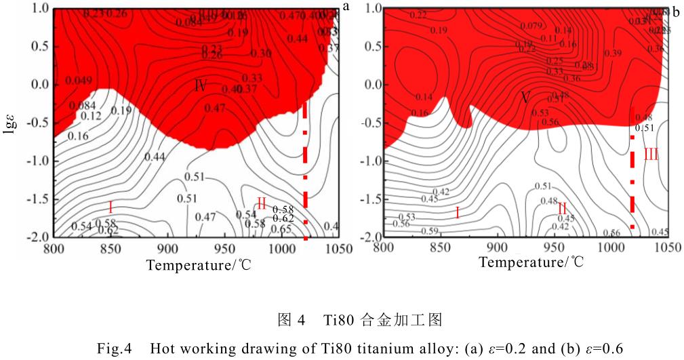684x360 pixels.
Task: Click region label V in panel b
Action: tap(525, 98)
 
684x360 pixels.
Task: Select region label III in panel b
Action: tap(651, 155)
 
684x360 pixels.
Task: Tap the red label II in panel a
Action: tap(262, 202)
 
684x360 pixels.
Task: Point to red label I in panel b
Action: tap(457, 213)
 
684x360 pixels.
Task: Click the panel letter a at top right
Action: tap(346, 7)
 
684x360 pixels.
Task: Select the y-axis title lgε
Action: tap(9, 123)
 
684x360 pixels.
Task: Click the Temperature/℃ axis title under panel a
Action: tap(199, 265)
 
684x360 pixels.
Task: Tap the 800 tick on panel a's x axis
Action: tap(54, 249)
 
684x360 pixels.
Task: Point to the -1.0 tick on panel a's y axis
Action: tap(33, 161)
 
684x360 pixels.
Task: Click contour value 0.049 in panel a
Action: tap(79, 80)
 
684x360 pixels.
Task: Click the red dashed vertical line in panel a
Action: tap(306, 169)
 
